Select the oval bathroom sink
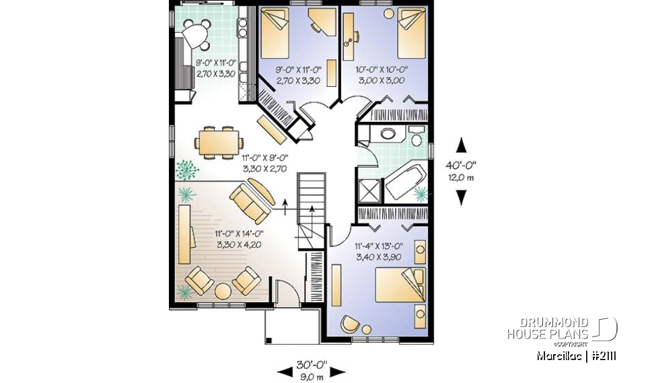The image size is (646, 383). click(388, 133)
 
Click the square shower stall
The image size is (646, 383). click(369, 189)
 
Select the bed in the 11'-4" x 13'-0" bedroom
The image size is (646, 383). click(400, 285)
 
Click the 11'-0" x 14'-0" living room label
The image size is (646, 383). click(240, 239)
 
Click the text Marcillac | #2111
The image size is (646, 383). click(577, 355)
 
